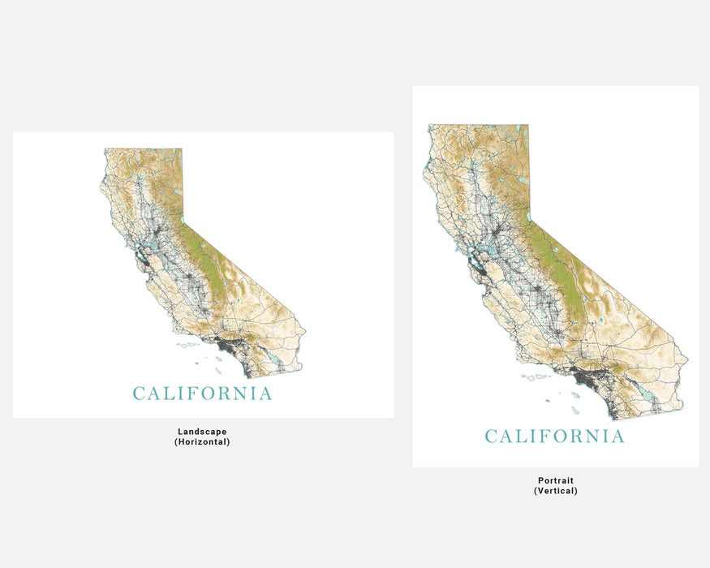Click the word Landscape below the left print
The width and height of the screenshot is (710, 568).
point(202,432)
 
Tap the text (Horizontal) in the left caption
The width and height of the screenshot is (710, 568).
point(202,442)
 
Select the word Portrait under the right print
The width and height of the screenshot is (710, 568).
point(555,480)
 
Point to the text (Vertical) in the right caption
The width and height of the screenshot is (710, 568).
point(555,491)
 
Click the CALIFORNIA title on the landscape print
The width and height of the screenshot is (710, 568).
point(203,394)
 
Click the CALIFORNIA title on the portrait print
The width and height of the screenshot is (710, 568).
point(555,437)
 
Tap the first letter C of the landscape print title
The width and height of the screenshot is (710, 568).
point(140,394)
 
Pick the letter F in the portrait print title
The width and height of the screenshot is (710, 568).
point(536,437)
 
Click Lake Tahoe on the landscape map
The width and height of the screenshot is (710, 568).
point(183,217)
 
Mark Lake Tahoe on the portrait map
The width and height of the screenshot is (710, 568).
point(529,216)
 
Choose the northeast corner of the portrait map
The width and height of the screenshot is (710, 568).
point(528,126)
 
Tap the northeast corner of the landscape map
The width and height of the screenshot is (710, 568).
point(181,149)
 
